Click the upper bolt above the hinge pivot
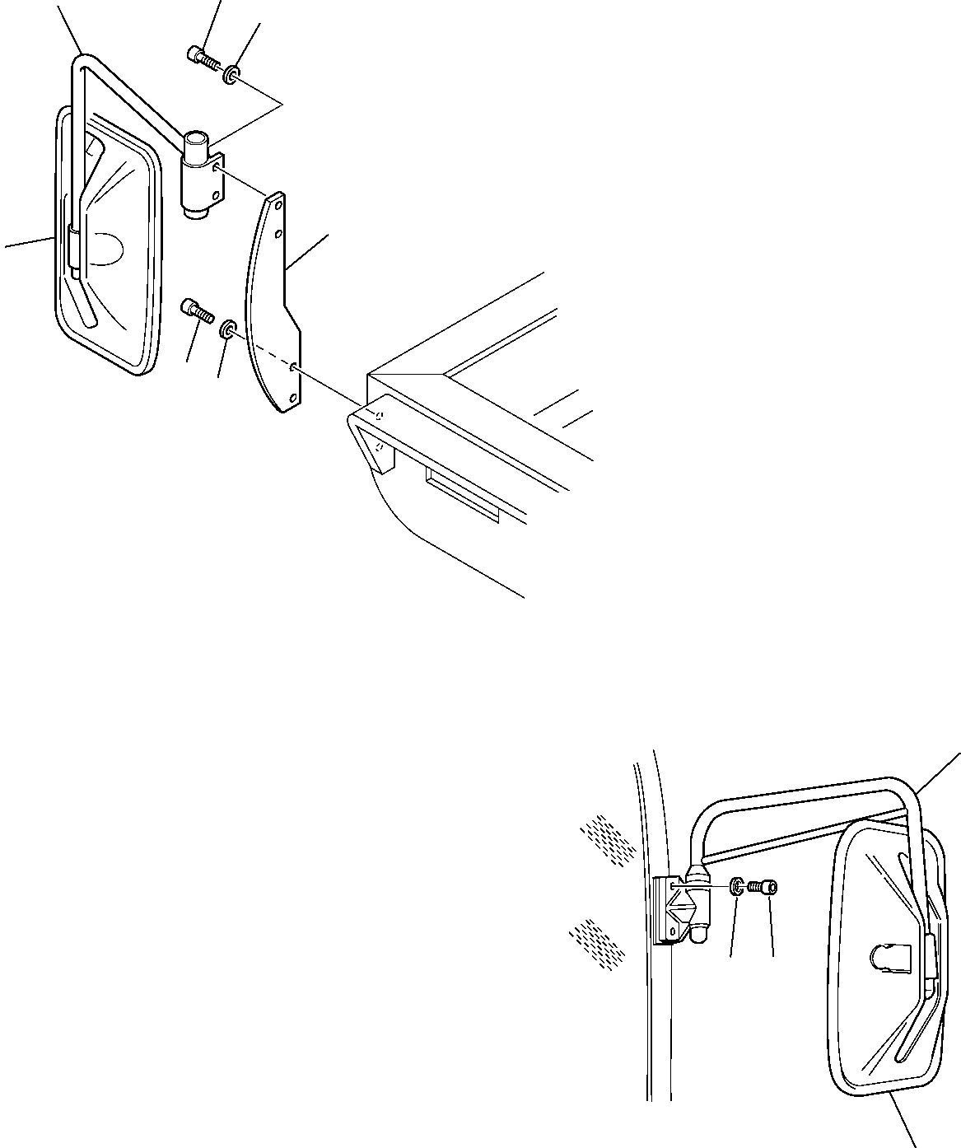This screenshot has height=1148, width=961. [x=200, y=58]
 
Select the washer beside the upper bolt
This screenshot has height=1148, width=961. [x=232, y=77]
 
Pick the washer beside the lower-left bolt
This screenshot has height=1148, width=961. [x=226, y=331]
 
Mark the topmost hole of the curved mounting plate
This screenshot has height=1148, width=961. [x=278, y=204]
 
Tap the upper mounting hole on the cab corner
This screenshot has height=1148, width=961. [x=380, y=415]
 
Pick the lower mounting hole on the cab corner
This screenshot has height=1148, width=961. [x=378, y=446]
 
